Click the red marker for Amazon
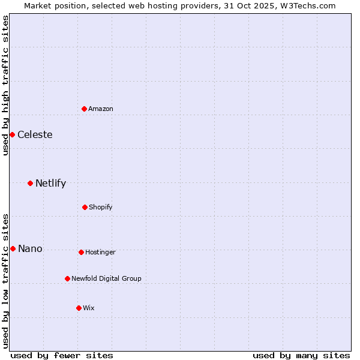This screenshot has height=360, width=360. click(84, 109)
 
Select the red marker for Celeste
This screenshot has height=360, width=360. click(12, 134)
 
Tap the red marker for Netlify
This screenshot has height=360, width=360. click(30, 183)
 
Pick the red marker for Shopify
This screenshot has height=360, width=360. click(85, 207)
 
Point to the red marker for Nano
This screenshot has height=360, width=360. click(13, 248)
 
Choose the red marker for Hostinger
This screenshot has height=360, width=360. click(81, 252)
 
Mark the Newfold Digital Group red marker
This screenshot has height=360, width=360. click(67, 278)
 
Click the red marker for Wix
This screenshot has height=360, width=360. click(79, 308)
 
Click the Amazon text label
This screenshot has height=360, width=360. click(101, 109)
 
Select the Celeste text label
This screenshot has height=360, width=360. click(35, 134)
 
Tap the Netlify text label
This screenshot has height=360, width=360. click(50, 183)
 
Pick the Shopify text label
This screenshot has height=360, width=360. click(101, 207)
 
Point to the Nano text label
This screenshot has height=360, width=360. click(30, 248)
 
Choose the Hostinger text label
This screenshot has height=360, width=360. click(100, 252)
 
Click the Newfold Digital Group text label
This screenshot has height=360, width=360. click(106, 278)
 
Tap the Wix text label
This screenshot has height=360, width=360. click(89, 308)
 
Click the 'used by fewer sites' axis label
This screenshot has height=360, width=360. click(62, 355)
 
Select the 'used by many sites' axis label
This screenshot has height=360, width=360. click(301, 355)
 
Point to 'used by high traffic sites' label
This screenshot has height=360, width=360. click(5, 85)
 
